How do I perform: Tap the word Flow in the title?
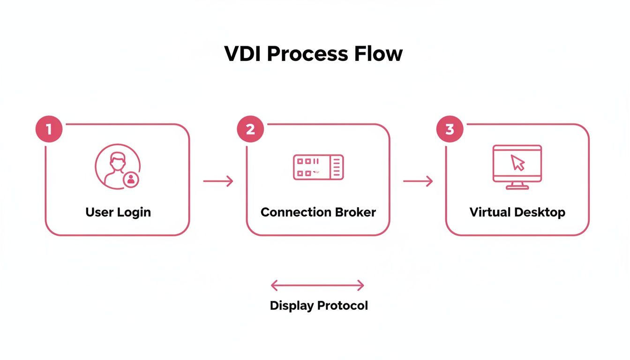tap(378, 54)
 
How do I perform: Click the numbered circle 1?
tap(49, 129)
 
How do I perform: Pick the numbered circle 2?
tap(250, 129)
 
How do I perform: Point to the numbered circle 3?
tap(450, 129)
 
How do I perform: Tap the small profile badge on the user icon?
tap(131, 180)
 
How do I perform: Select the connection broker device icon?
tap(318, 167)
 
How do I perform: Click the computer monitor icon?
tap(517, 164)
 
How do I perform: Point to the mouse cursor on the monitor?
tap(518, 163)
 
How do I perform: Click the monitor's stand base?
tap(517, 187)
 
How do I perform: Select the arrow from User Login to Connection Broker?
tap(218, 181)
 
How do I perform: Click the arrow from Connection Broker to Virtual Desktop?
tap(418, 181)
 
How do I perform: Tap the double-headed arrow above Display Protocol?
tap(317, 285)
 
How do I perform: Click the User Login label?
tap(118, 212)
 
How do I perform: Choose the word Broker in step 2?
tap(355, 212)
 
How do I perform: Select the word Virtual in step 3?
tap(490, 212)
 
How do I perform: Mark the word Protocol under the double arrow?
tap(342, 306)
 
